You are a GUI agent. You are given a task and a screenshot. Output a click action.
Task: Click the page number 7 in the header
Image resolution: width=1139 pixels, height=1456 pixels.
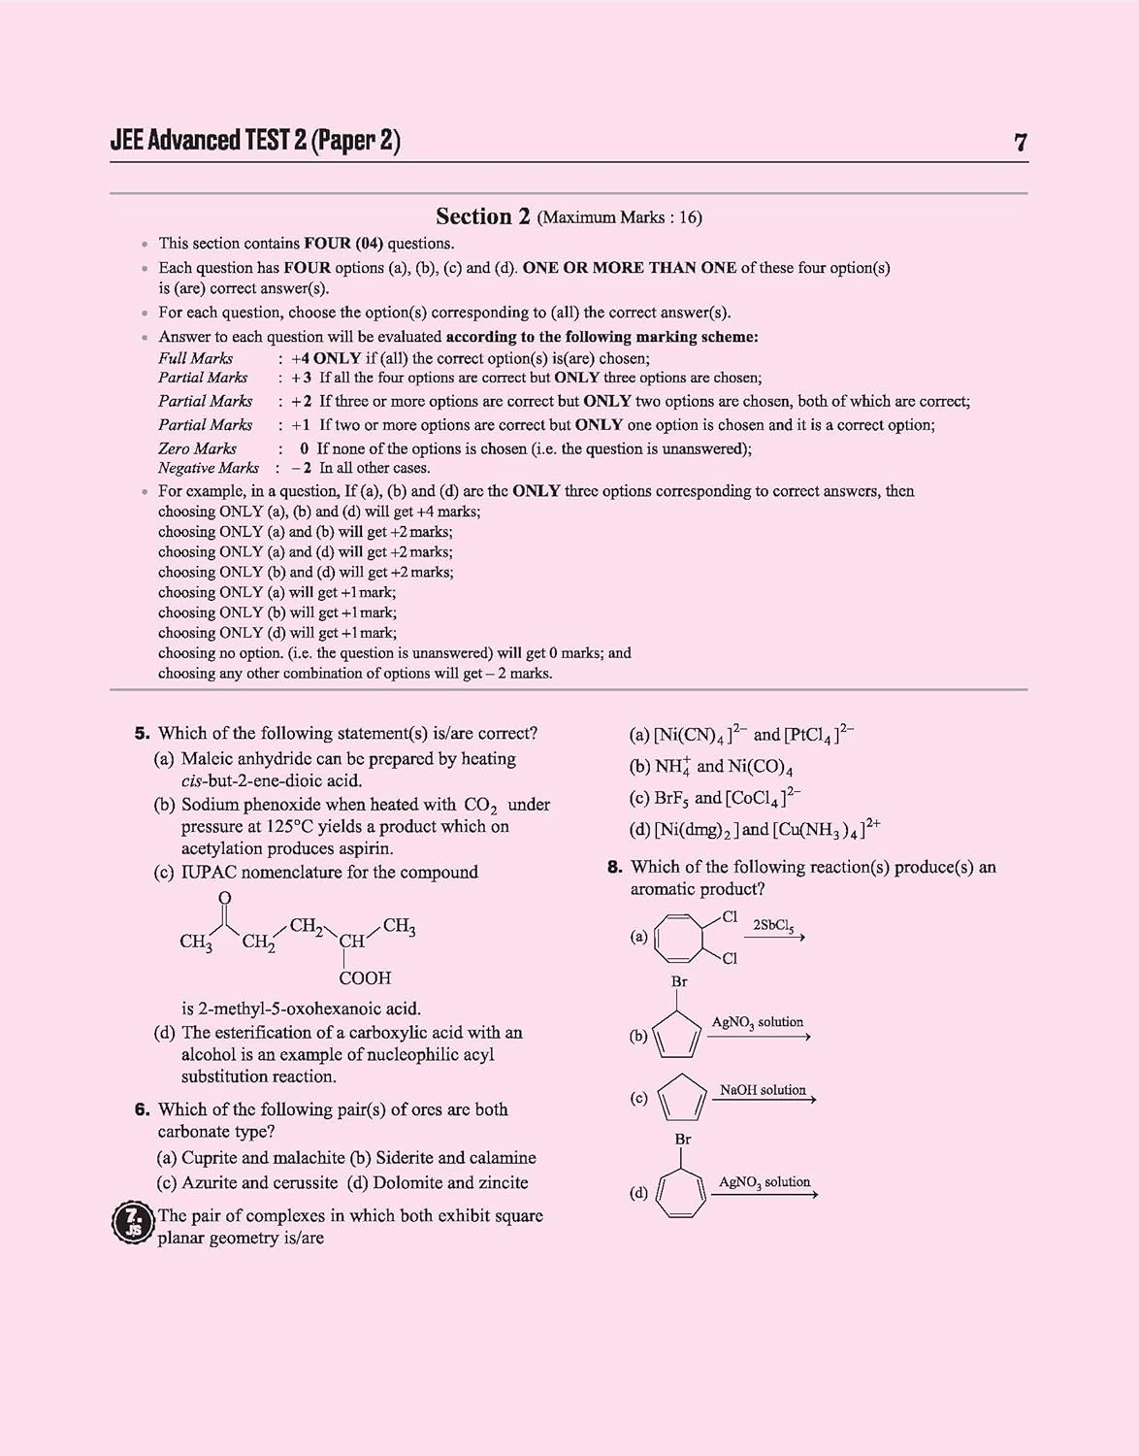coord(1020,143)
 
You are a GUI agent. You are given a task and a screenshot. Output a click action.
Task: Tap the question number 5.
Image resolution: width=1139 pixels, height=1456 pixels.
coord(142,734)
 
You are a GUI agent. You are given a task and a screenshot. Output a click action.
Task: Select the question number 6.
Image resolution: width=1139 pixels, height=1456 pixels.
coord(142,1109)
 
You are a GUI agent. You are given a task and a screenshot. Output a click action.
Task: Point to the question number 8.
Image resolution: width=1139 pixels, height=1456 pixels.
coord(614,867)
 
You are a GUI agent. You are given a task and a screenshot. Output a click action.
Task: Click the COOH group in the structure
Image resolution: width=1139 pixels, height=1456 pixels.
coord(365,978)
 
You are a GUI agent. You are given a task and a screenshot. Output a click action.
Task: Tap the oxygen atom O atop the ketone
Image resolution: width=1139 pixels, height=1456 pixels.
coord(225,898)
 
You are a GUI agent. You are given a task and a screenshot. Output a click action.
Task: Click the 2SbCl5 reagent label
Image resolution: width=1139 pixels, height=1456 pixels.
coord(773,926)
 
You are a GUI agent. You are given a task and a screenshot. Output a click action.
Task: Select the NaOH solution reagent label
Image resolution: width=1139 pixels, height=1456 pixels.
coord(763,1090)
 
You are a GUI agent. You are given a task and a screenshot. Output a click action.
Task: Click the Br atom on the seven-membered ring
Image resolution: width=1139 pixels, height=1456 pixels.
coord(683,1140)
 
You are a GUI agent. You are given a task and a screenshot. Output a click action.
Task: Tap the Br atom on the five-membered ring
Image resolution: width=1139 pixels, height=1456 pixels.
coord(679,982)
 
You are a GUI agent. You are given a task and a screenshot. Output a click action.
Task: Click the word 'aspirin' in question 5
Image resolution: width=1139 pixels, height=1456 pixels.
coord(361,848)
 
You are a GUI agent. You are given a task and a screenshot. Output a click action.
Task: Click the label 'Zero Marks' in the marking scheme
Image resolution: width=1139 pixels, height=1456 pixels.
coord(197,448)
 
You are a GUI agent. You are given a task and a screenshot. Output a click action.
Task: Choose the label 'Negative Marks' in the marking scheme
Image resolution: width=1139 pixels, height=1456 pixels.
coord(208,468)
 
